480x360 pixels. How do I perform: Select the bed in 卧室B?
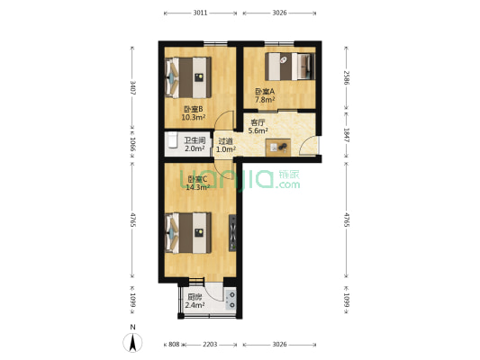[188, 77]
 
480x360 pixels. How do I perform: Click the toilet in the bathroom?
[172, 142]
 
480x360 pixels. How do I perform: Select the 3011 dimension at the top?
[201, 13]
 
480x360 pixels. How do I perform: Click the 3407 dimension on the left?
[132, 87]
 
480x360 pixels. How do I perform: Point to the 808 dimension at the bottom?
[175, 344]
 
